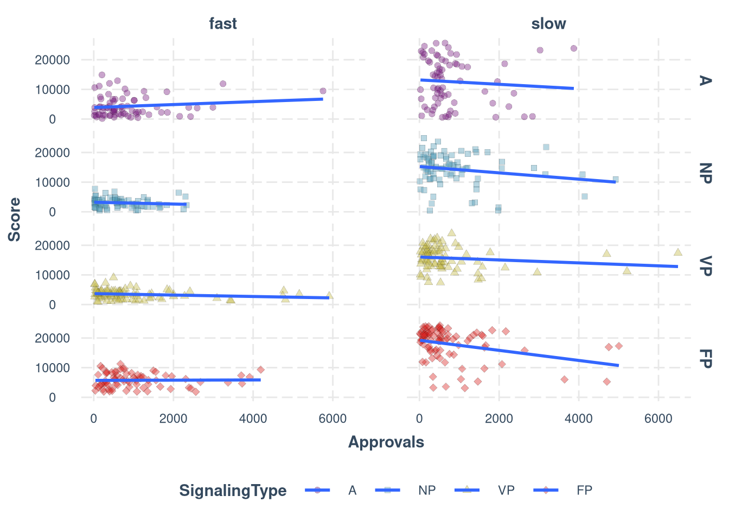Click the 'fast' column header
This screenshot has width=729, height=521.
tap(223, 24)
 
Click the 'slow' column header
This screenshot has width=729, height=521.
tap(548, 24)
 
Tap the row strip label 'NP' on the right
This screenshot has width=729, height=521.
tap(705, 173)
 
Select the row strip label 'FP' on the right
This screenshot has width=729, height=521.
tap(705, 359)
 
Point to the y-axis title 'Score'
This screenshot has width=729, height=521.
tap(15, 219)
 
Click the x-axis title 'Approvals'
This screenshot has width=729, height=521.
tap(386, 442)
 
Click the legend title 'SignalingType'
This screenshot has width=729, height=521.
tap(233, 491)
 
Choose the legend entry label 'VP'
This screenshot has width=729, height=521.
tap(506, 491)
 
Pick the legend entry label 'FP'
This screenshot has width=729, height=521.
tap(584, 491)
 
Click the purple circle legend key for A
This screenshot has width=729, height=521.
tap(318, 491)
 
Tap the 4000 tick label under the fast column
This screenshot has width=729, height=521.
tap(253, 419)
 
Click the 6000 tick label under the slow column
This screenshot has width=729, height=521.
tap(658, 419)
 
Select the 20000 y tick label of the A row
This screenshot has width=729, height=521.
tap(53, 60)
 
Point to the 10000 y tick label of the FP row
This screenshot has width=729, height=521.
tap(53, 368)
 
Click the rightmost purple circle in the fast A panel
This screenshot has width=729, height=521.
tap(323, 91)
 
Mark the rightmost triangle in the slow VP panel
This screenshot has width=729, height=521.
tap(677, 252)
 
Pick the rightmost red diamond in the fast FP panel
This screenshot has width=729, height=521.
tap(260, 370)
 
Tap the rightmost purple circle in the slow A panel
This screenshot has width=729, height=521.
tap(573, 48)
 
